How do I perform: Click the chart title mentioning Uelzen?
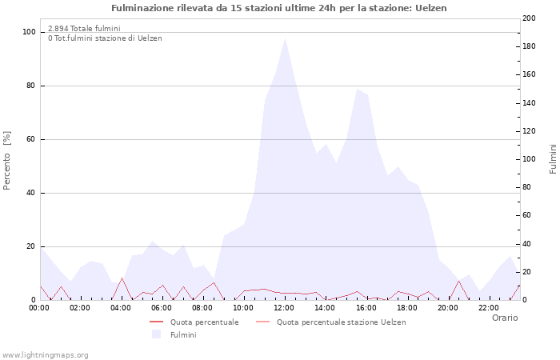point(279,8)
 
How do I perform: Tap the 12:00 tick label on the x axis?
point(284,308)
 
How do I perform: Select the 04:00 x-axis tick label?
point(121,308)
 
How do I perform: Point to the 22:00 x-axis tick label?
point(488,308)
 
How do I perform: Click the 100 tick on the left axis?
point(29,32)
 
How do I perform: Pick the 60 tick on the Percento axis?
point(30,139)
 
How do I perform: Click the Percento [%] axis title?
point(8,160)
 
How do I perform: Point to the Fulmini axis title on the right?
point(552,158)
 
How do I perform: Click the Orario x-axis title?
point(504,318)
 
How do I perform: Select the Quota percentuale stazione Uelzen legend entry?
point(341,322)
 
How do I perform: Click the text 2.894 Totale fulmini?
point(84,29)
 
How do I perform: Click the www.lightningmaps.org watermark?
point(45,354)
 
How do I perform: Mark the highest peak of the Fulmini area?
point(285,38)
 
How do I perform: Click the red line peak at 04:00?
point(122,278)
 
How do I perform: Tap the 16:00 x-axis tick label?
point(366,308)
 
